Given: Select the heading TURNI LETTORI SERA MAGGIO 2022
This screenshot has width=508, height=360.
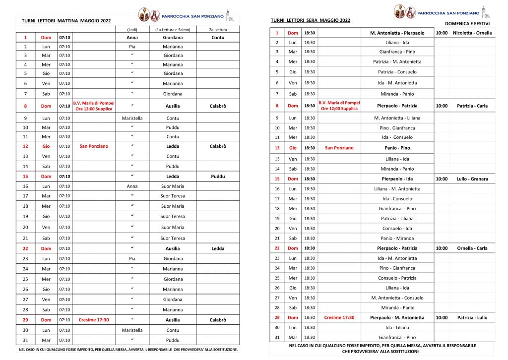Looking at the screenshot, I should pyautogui.click(x=310, y=20).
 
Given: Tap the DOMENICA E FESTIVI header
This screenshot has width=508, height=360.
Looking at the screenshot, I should pyautogui.click(x=467, y=24).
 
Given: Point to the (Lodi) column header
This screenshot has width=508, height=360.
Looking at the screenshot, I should pyautogui.click(x=132, y=30).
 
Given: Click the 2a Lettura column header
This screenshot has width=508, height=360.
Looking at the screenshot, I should pyautogui.click(x=218, y=30).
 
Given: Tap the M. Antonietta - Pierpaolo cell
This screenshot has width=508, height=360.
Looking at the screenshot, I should pyautogui.click(x=397, y=33).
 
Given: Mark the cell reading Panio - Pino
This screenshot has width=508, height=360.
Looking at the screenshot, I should pyautogui.click(x=397, y=148).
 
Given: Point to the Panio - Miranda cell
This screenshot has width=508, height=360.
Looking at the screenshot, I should pyautogui.click(x=397, y=239).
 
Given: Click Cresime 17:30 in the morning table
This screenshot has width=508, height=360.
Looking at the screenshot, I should pyautogui.click(x=94, y=320).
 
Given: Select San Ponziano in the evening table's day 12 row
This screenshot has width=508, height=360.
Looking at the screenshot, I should pyautogui.click(x=339, y=148).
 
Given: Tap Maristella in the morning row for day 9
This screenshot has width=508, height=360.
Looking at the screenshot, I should pyautogui.click(x=132, y=119).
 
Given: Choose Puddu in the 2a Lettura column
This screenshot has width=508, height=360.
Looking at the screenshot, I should pyautogui.click(x=218, y=176).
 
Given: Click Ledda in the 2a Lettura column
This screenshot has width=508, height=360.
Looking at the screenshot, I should pyautogui.click(x=218, y=248).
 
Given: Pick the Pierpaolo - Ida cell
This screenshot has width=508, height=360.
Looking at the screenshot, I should pyautogui.click(x=397, y=179).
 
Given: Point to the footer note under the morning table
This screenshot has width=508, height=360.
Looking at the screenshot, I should pyautogui.click(x=128, y=350).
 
